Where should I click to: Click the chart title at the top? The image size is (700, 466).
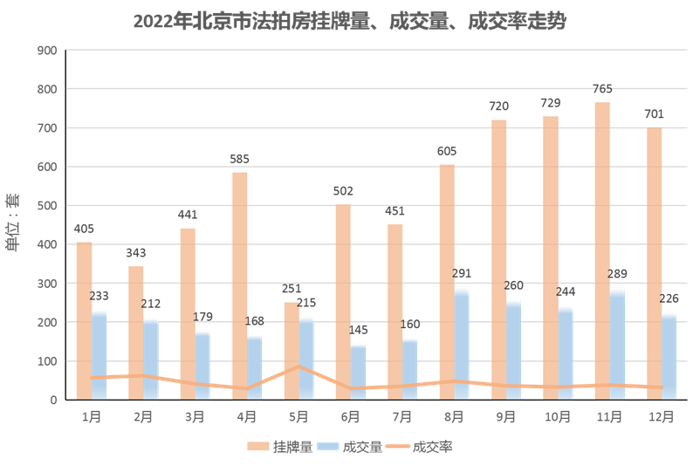click(x=349, y=21)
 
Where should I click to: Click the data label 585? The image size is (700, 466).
click(x=238, y=159)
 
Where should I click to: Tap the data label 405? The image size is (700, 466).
click(x=85, y=229)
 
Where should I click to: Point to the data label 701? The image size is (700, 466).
click(x=654, y=114)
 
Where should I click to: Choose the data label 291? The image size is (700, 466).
click(x=462, y=273)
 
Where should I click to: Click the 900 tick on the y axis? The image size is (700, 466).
click(x=47, y=51)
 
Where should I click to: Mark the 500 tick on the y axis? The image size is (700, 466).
click(x=47, y=206)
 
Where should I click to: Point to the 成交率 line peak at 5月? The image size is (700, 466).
click(x=299, y=366)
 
